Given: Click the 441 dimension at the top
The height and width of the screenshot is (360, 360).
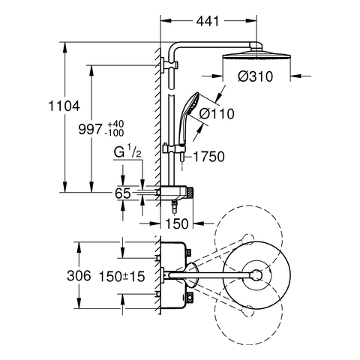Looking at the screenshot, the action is click(x=208, y=21).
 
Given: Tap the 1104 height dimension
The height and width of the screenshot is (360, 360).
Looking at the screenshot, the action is click(x=64, y=106).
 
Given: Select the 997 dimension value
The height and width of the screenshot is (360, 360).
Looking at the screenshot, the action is click(x=90, y=129).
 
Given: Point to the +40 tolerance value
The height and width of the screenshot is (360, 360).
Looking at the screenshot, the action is click(x=115, y=124).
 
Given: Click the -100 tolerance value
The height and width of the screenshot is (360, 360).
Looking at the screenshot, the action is click(x=115, y=133).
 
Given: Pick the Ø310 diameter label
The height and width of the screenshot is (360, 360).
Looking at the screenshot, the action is click(x=255, y=76).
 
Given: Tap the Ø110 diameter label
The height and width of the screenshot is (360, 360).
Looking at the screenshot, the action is click(x=217, y=114).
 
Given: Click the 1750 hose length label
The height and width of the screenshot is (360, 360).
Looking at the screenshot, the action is click(x=209, y=157).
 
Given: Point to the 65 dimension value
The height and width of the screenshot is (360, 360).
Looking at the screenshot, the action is click(x=123, y=193).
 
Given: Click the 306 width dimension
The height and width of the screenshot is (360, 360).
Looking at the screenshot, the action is click(x=79, y=276).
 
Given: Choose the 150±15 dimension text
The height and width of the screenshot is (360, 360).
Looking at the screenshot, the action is click(x=121, y=277).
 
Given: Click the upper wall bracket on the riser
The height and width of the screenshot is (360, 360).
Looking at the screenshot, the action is click(x=169, y=65).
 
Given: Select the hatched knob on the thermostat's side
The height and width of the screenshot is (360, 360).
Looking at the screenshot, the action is click(x=190, y=193).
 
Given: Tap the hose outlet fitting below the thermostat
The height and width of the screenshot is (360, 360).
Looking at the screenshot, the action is click(x=174, y=207).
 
